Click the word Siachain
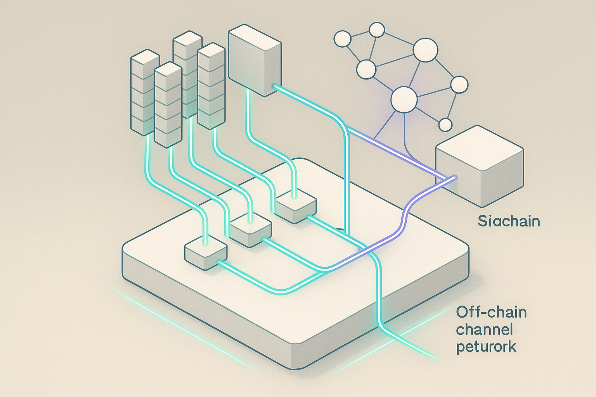point(509,221)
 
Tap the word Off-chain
point(491,312)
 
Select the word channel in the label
point(484,330)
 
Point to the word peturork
point(486,347)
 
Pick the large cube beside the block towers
point(254,60)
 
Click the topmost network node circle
point(376,29)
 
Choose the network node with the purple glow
point(404,99)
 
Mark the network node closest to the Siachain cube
point(445,125)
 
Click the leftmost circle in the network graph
point(342,39)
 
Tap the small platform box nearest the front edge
point(206,254)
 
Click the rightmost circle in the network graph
point(459,85)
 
